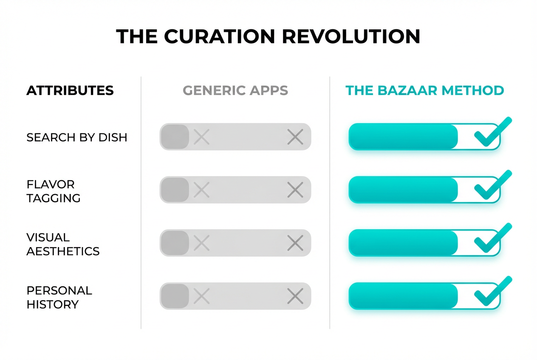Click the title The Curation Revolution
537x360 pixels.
pos(268,37)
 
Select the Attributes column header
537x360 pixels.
pos(70,90)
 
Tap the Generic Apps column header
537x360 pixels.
pos(235,90)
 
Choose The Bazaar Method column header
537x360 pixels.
pos(425,90)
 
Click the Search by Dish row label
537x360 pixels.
pos(77,138)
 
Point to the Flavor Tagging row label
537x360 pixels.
pos(54,191)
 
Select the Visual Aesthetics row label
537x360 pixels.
pos(63,244)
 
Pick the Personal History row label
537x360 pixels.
pos(59,297)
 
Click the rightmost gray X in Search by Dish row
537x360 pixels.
pos(295,137)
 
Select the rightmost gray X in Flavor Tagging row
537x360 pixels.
pos(295,190)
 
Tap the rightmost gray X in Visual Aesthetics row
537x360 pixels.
pos(295,243)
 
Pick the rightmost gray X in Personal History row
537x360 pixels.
pos(295,296)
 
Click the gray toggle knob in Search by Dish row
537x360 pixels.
pos(175,137)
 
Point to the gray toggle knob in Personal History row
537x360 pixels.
pos(175,296)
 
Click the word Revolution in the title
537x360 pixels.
pos(351,37)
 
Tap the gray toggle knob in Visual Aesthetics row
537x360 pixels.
pos(175,243)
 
